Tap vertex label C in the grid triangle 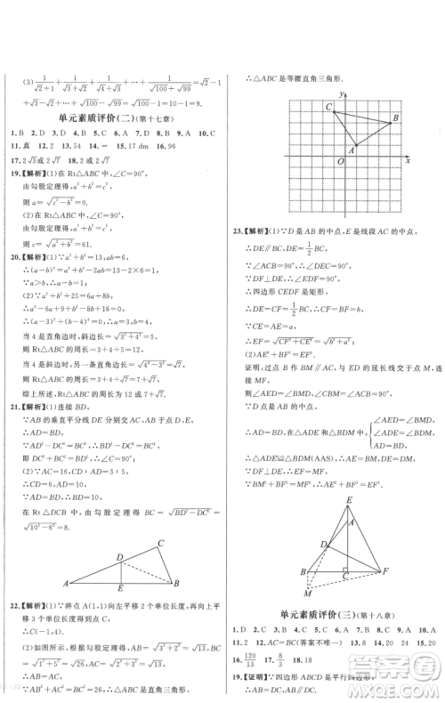click(305, 106)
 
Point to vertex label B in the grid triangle click(394, 118)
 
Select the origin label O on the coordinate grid click(341, 161)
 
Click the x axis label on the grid click(407, 161)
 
